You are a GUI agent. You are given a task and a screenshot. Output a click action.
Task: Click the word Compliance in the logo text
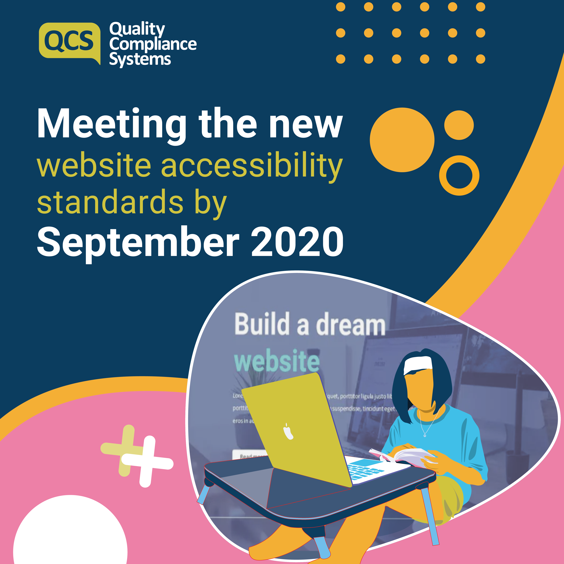[x=153, y=44]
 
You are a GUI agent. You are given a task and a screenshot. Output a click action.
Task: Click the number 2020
[x=297, y=242]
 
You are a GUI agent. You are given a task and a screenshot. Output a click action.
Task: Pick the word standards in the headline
[x=110, y=202]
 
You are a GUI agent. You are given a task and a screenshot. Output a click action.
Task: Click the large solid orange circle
[x=402, y=140]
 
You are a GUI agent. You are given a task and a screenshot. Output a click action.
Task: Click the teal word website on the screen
[x=277, y=361]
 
